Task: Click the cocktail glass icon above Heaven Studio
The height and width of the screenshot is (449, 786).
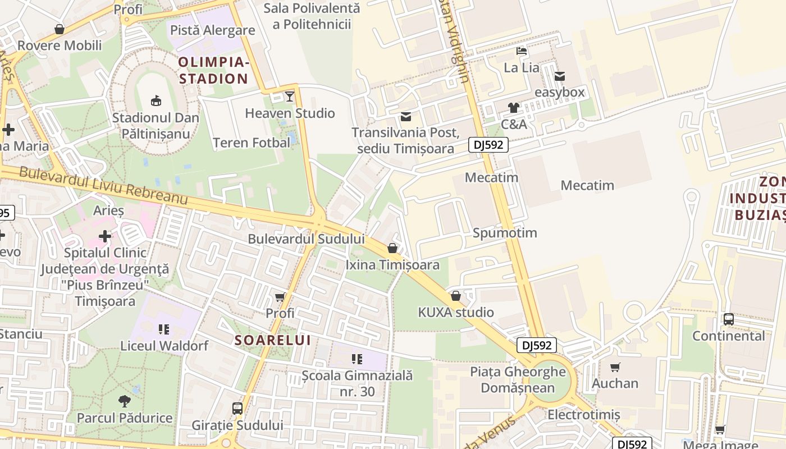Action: [x=289, y=96]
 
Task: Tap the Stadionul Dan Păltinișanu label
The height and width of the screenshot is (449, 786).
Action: [x=156, y=126]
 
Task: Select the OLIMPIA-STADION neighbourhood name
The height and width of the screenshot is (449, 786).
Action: [x=213, y=70]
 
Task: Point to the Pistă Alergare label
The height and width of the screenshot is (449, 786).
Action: [x=212, y=30]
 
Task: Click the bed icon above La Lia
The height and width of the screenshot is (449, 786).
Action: [x=522, y=51]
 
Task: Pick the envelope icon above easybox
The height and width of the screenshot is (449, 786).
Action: [x=559, y=76]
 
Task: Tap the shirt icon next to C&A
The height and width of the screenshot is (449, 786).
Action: [x=513, y=108]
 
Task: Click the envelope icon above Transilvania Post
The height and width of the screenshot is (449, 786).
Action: [x=405, y=117]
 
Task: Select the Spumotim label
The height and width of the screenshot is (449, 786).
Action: [x=505, y=233]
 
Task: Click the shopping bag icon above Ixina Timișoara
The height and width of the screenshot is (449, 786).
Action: [x=392, y=248]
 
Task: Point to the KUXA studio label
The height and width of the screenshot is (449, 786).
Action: [x=456, y=313]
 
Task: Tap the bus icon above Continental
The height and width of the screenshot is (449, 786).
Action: [x=728, y=319]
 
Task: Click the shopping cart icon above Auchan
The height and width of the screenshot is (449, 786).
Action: [x=615, y=367]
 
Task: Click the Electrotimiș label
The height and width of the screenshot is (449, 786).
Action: [x=583, y=415]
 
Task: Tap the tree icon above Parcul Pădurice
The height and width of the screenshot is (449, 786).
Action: [x=125, y=401]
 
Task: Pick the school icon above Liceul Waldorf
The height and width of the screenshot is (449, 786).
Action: [x=164, y=329]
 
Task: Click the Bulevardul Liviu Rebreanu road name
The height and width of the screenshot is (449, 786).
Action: [x=103, y=186]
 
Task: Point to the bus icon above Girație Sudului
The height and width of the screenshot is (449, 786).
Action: [x=237, y=408]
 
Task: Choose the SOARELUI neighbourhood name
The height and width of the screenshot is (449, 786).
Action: [x=272, y=340]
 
